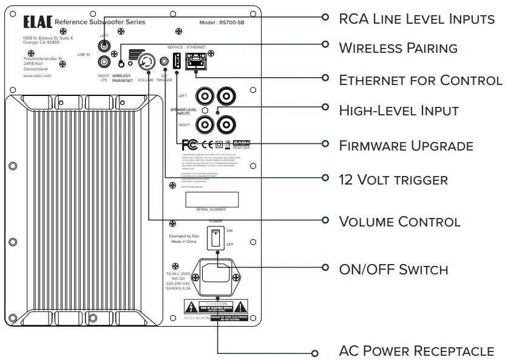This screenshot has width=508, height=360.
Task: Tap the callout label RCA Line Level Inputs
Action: pos(416,19)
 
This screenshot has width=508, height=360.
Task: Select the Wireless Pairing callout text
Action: pos(398,48)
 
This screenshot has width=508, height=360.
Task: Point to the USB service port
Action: pos(175,61)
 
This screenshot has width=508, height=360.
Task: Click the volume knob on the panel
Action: pos(146,61)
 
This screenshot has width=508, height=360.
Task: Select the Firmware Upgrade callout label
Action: pos(405,146)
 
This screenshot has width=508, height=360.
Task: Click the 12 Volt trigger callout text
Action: pos(393,180)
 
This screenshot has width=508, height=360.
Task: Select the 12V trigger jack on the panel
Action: pos(163,61)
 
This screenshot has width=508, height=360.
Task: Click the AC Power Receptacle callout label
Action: pos(416,352)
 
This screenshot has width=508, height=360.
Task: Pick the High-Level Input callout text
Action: pos(398,110)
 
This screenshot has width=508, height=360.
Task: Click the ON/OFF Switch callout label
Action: pos(393,270)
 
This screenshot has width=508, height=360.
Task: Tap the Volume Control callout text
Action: pos(399,222)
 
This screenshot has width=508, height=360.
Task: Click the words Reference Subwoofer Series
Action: pos(100,22)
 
